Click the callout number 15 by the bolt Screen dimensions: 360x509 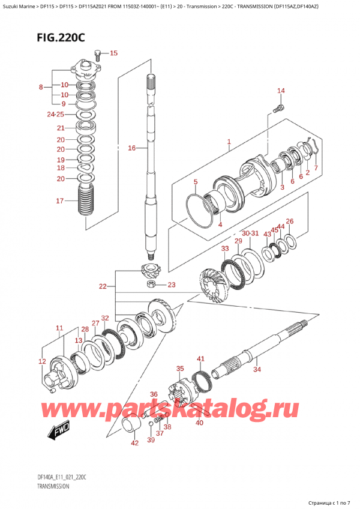pos(113,53)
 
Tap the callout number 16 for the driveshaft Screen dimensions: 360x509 pos(132,148)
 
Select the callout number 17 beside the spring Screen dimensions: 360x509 pos(60,200)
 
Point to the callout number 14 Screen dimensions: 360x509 pos(281,91)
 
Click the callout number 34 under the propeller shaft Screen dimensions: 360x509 pos(257,369)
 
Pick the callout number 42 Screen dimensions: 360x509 pos(135,443)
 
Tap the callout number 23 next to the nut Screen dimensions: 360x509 pos(172,285)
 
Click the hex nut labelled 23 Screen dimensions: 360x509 pos(151,285)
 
